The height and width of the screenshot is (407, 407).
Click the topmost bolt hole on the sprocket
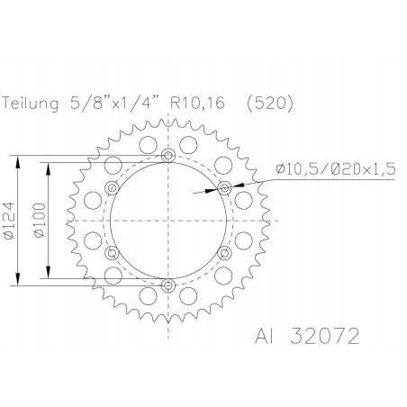click(x=168, y=156)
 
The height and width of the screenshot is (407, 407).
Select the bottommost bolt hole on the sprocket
click(x=168, y=285)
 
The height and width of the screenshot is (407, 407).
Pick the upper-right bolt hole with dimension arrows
click(x=224, y=188)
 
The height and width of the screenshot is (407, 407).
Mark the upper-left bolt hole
click(x=112, y=188)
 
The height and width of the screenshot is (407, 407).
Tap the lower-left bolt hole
click(x=112, y=253)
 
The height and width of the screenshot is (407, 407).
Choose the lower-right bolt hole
click(x=224, y=253)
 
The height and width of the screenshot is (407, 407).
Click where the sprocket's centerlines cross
click(x=168, y=221)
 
